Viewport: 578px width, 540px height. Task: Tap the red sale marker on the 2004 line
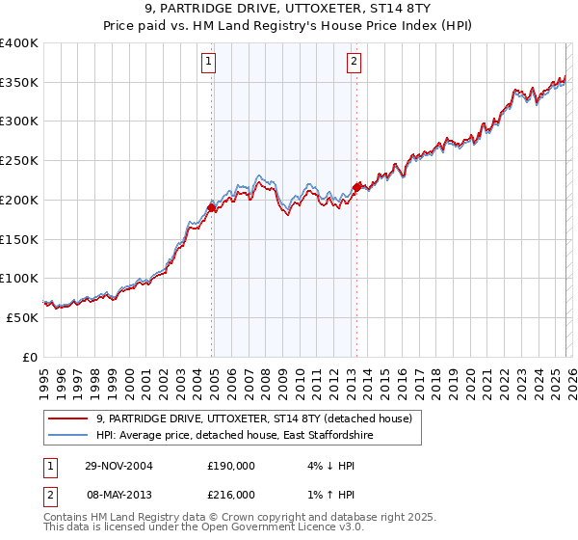(x=211, y=207)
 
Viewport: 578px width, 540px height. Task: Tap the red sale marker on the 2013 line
(x=356, y=187)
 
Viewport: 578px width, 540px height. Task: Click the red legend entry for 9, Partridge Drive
(x=254, y=418)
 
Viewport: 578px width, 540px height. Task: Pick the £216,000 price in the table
(x=231, y=494)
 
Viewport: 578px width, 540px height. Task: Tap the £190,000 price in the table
(x=231, y=466)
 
